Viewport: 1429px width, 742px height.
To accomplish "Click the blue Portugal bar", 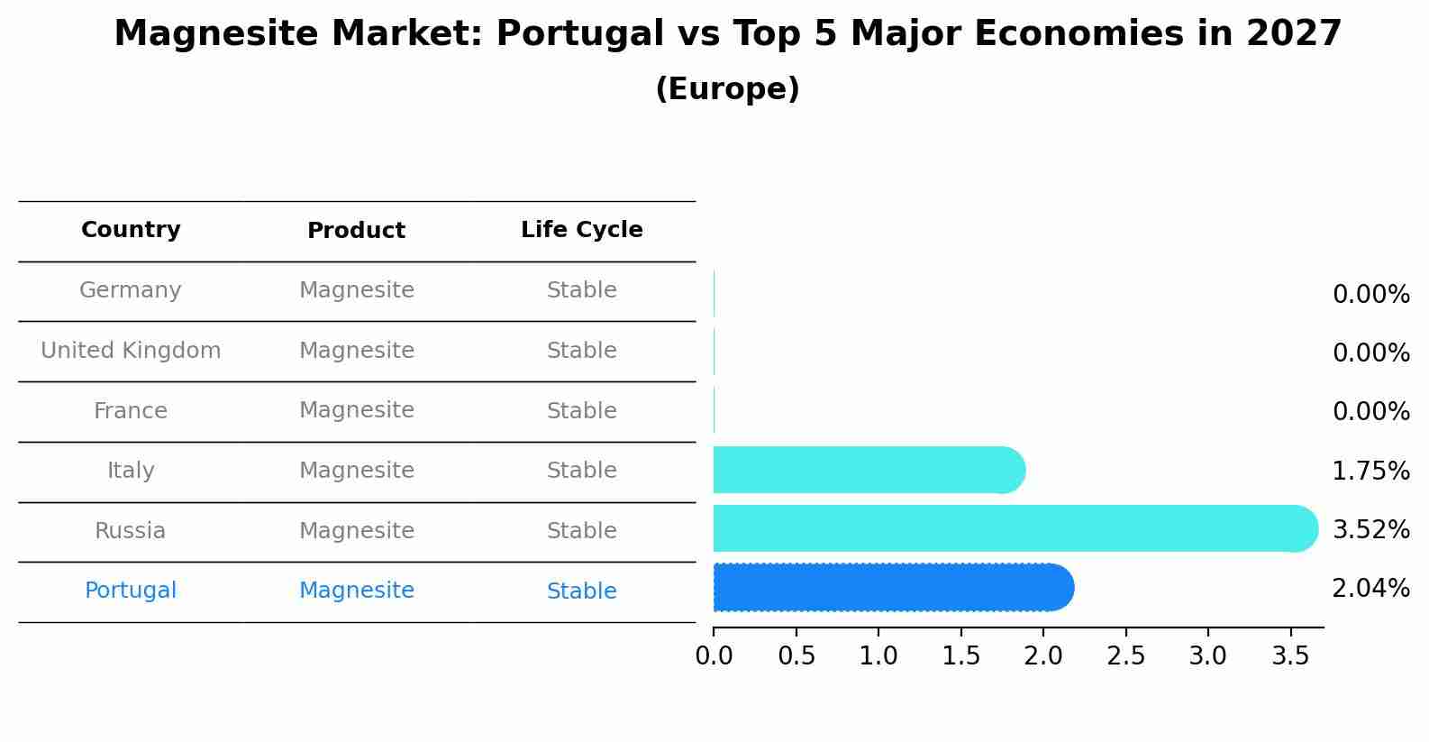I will pos(892,588).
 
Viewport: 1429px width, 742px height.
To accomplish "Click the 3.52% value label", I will pos(1370,530).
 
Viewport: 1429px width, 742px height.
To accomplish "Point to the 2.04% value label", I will pos(1370,589).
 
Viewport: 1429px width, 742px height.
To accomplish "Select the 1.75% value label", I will pos(1370,471).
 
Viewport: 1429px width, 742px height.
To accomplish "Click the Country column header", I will pos(131,230).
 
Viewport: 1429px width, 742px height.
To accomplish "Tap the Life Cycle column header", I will pos(581,230).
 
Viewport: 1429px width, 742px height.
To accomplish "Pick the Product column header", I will pos(356,231).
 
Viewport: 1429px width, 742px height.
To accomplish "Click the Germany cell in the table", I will pos(131,290).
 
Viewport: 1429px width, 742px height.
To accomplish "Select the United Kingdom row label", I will pos(131,351).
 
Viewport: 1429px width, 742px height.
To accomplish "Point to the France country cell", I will pos(131,411).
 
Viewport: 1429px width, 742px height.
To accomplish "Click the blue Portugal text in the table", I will pos(131,591).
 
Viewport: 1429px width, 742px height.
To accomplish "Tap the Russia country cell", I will pos(131,531).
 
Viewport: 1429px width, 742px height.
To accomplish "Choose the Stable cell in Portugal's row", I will pos(581,591).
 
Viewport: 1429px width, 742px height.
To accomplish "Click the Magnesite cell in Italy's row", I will pos(356,471).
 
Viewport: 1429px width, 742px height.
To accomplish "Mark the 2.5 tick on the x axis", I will pos(1125,656).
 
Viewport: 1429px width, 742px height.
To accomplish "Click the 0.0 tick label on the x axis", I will pos(714,656).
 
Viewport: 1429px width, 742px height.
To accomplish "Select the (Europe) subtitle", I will pos(727,89).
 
